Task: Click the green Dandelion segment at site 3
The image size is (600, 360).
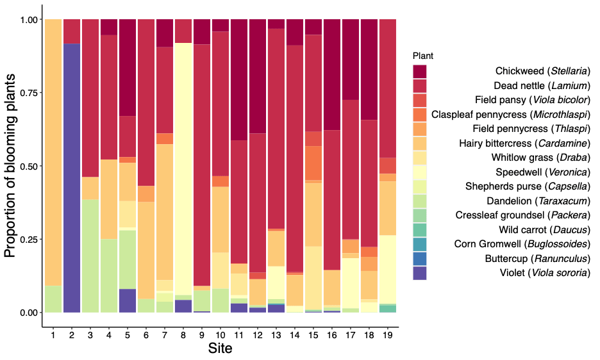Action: click(x=90, y=256)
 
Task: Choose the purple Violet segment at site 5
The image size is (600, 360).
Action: click(x=128, y=300)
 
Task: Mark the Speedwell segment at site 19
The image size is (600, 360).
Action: click(x=388, y=270)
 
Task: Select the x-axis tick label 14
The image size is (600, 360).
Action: click(x=295, y=335)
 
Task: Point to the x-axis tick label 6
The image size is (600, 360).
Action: click(x=146, y=335)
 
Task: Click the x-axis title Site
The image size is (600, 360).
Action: click(x=220, y=349)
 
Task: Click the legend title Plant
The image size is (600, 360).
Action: click(x=423, y=56)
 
